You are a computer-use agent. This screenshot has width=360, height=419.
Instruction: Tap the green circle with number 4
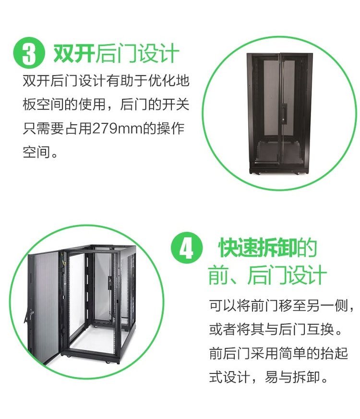click(x=186, y=248)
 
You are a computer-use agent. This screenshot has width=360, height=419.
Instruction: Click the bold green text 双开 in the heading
click(x=74, y=53)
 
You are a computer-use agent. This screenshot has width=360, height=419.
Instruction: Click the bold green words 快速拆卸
click(x=258, y=248)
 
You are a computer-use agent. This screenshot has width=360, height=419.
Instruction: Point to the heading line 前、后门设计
click(x=267, y=275)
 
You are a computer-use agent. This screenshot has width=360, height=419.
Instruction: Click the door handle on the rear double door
click(x=283, y=114)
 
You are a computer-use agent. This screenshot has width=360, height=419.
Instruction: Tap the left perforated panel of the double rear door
click(x=271, y=99)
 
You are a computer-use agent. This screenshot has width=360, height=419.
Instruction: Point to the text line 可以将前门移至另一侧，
click(x=281, y=306)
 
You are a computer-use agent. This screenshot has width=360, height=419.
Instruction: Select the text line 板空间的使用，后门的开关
click(x=106, y=105)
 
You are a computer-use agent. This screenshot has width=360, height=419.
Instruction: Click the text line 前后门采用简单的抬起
click(x=278, y=353)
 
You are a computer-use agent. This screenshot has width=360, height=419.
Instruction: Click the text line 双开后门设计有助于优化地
click(x=106, y=81)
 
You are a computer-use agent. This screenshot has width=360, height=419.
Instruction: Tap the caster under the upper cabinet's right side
click(x=297, y=173)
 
